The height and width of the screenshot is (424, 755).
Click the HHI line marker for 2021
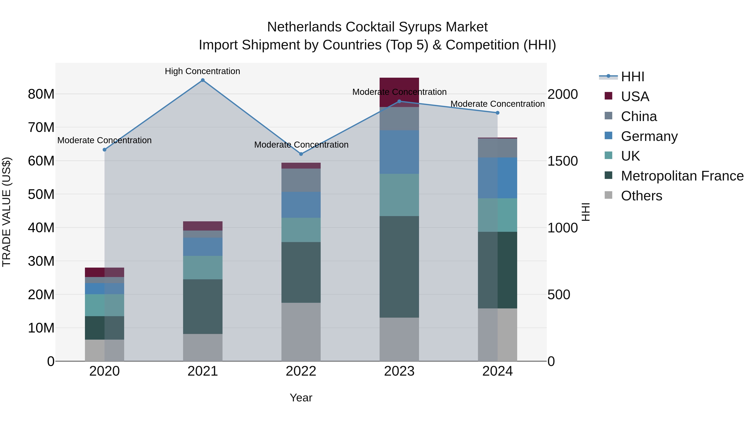click(203, 80)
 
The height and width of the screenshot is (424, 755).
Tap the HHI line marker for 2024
click(497, 113)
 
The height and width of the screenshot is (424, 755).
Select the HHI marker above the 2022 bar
click(301, 154)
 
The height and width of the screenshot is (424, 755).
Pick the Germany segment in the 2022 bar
click(301, 205)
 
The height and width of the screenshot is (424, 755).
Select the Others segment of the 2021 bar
click(203, 347)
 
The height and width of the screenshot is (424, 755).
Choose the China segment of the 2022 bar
click(301, 180)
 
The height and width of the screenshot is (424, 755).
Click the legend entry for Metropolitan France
click(682, 176)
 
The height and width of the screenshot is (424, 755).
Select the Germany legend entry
click(649, 136)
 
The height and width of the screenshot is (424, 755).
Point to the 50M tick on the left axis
click(41, 194)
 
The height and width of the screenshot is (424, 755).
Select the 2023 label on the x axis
click(399, 371)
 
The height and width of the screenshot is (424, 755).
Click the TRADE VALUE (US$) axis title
click(7, 212)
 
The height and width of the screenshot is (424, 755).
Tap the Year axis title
click(301, 398)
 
